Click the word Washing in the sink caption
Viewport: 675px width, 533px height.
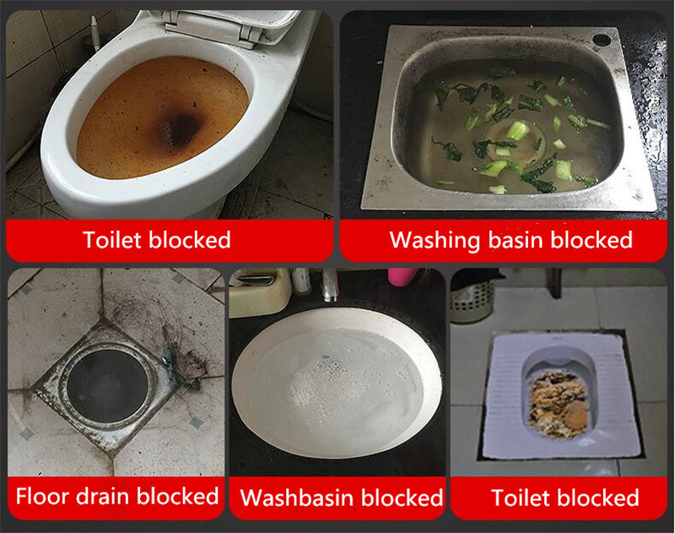(x=435, y=241)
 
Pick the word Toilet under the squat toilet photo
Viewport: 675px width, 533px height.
(x=519, y=498)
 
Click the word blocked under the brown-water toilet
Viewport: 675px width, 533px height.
(x=190, y=240)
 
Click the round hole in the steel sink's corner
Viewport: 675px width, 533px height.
(x=602, y=40)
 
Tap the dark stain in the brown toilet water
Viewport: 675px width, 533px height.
(x=180, y=129)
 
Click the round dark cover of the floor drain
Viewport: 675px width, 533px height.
(x=108, y=386)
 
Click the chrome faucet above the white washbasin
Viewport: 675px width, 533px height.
(x=330, y=285)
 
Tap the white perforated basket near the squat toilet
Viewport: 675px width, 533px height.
(x=472, y=300)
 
